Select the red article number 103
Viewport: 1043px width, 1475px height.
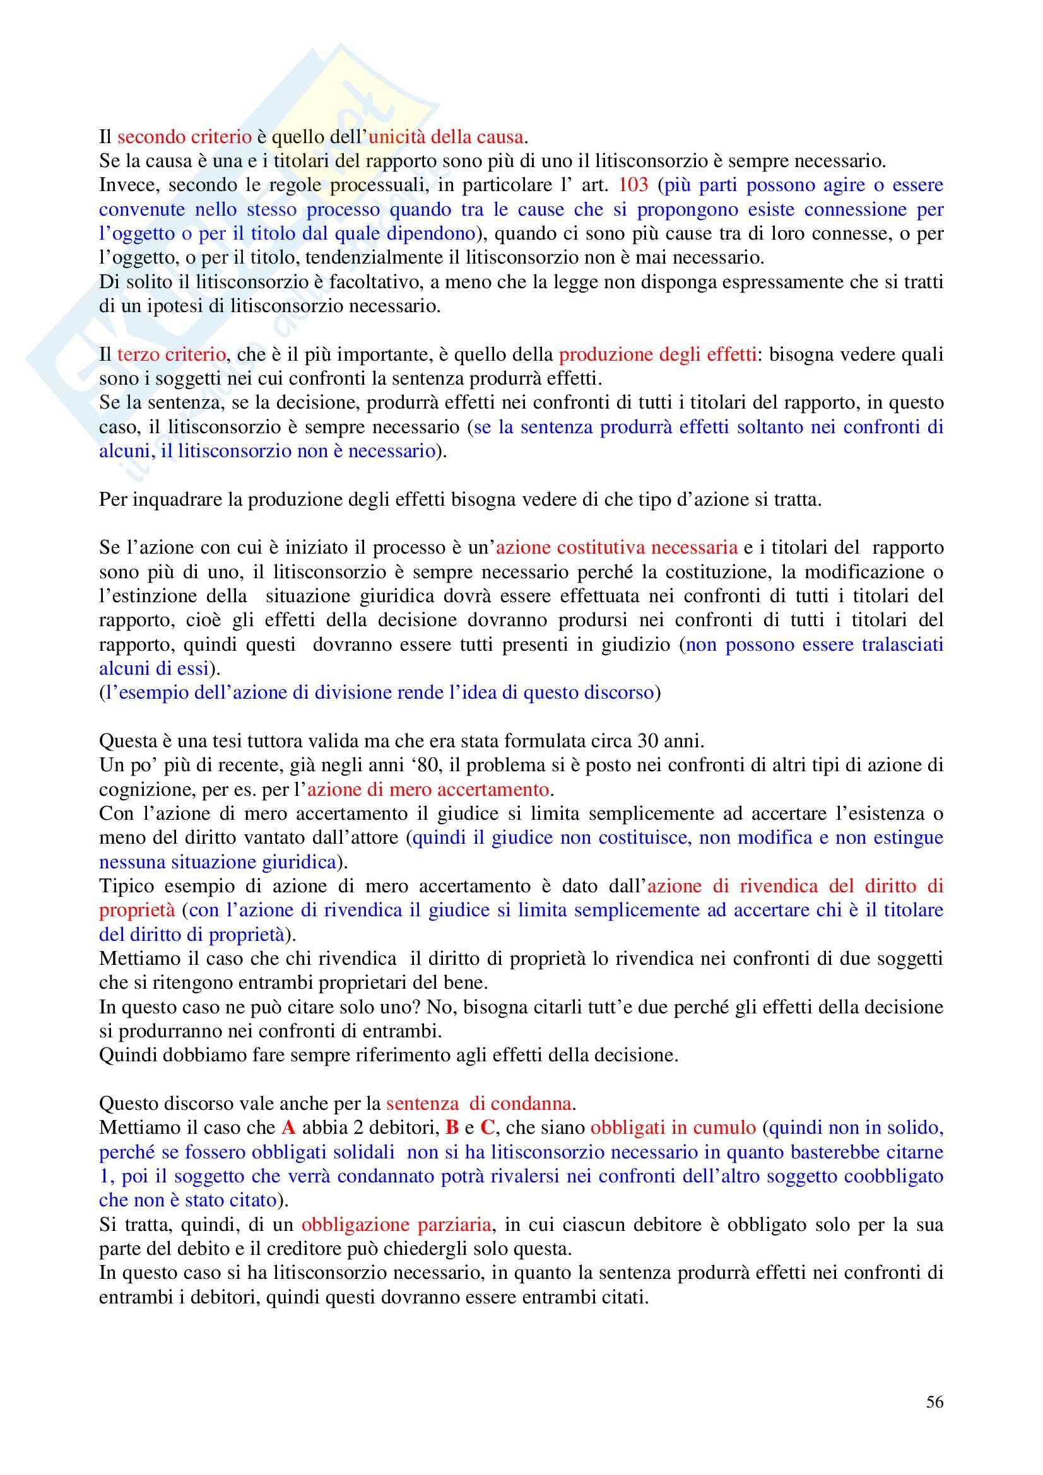[633, 185]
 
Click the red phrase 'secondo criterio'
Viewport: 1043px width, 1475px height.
[184, 137]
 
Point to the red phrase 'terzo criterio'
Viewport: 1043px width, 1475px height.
[171, 354]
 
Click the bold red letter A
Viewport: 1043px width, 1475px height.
[288, 1128]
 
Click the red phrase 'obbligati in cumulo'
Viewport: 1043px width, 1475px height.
[673, 1128]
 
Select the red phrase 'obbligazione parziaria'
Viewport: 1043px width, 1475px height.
[396, 1225]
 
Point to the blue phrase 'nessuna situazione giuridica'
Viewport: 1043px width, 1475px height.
[218, 862]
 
